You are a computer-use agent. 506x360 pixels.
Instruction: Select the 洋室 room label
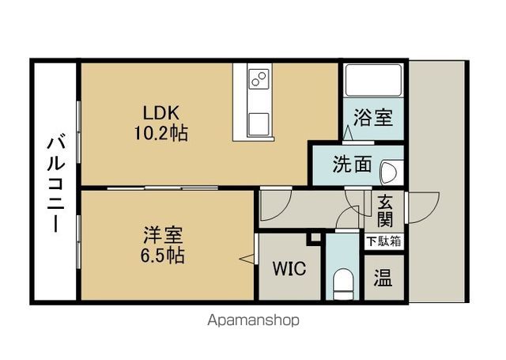(164, 236)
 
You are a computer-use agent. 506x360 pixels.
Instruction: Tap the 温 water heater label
(385, 278)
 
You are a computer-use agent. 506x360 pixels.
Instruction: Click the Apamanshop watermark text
(253, 321)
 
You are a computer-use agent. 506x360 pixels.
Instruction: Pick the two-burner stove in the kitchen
(259, 78)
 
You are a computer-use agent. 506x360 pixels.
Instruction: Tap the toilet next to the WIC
(342, 283)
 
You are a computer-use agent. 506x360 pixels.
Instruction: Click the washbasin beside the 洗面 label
(391, 170)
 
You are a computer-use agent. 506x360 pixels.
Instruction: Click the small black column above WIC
(314, 237)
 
